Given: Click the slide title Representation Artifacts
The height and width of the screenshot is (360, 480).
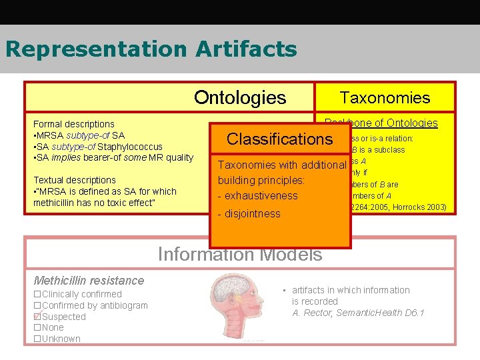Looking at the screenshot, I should [151, 49].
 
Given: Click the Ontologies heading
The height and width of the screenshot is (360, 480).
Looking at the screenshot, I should [239, 98].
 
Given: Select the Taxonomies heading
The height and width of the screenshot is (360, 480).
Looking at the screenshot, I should [385, 98].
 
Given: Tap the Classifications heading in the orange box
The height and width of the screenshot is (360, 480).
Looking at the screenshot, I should [279, 139].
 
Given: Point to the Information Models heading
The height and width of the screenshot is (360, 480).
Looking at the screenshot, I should [239, 255].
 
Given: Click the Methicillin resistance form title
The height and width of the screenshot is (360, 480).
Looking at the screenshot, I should [89, 281].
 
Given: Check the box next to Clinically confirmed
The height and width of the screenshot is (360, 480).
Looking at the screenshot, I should [37, 294].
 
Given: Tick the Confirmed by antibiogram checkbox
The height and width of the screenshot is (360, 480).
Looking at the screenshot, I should [37, 305].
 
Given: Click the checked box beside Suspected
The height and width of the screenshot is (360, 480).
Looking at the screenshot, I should [37, 317].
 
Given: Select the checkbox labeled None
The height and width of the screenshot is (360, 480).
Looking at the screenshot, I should [37, 327].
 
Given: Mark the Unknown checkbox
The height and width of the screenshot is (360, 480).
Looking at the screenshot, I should [37, 339].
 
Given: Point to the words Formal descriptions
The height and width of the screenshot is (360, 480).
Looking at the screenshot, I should [74, 124].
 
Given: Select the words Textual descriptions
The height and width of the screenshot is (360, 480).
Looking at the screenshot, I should [75, 180].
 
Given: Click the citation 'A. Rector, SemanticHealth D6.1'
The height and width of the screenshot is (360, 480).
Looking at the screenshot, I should [358, 313].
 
